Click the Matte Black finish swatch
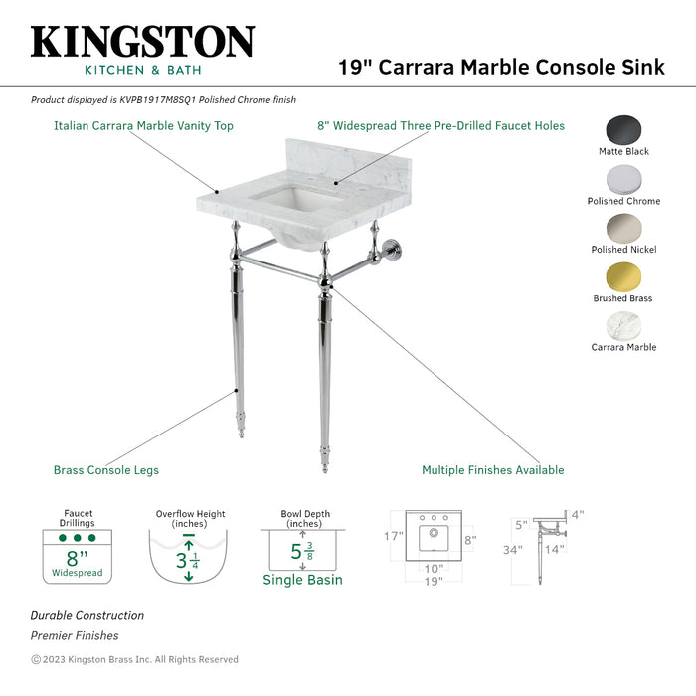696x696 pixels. [623, 131]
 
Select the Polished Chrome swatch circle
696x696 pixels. [623, 180]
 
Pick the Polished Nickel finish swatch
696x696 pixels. [623, 229]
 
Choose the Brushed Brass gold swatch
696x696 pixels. [623, 277]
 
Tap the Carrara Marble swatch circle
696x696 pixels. [623, 326]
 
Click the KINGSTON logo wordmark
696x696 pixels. [142, 42]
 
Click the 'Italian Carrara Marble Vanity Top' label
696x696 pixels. [143, 126]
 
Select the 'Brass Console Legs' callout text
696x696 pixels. [105, 470]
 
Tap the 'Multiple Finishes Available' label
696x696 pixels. [492, 470]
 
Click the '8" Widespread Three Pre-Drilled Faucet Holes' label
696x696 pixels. [440, 126]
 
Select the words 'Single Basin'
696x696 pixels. [302, 580]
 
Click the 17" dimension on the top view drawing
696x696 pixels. [395, 536]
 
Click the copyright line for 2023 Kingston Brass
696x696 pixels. [134, 659]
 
